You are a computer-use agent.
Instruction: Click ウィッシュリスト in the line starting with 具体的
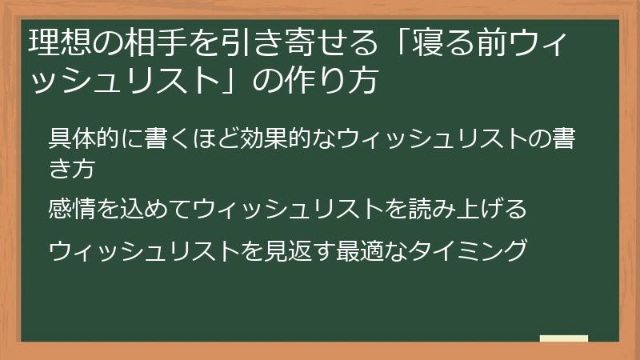click(432, 138)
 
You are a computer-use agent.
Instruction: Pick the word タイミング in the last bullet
click(467, 250)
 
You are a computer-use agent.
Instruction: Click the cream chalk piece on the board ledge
click(564, 338)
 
